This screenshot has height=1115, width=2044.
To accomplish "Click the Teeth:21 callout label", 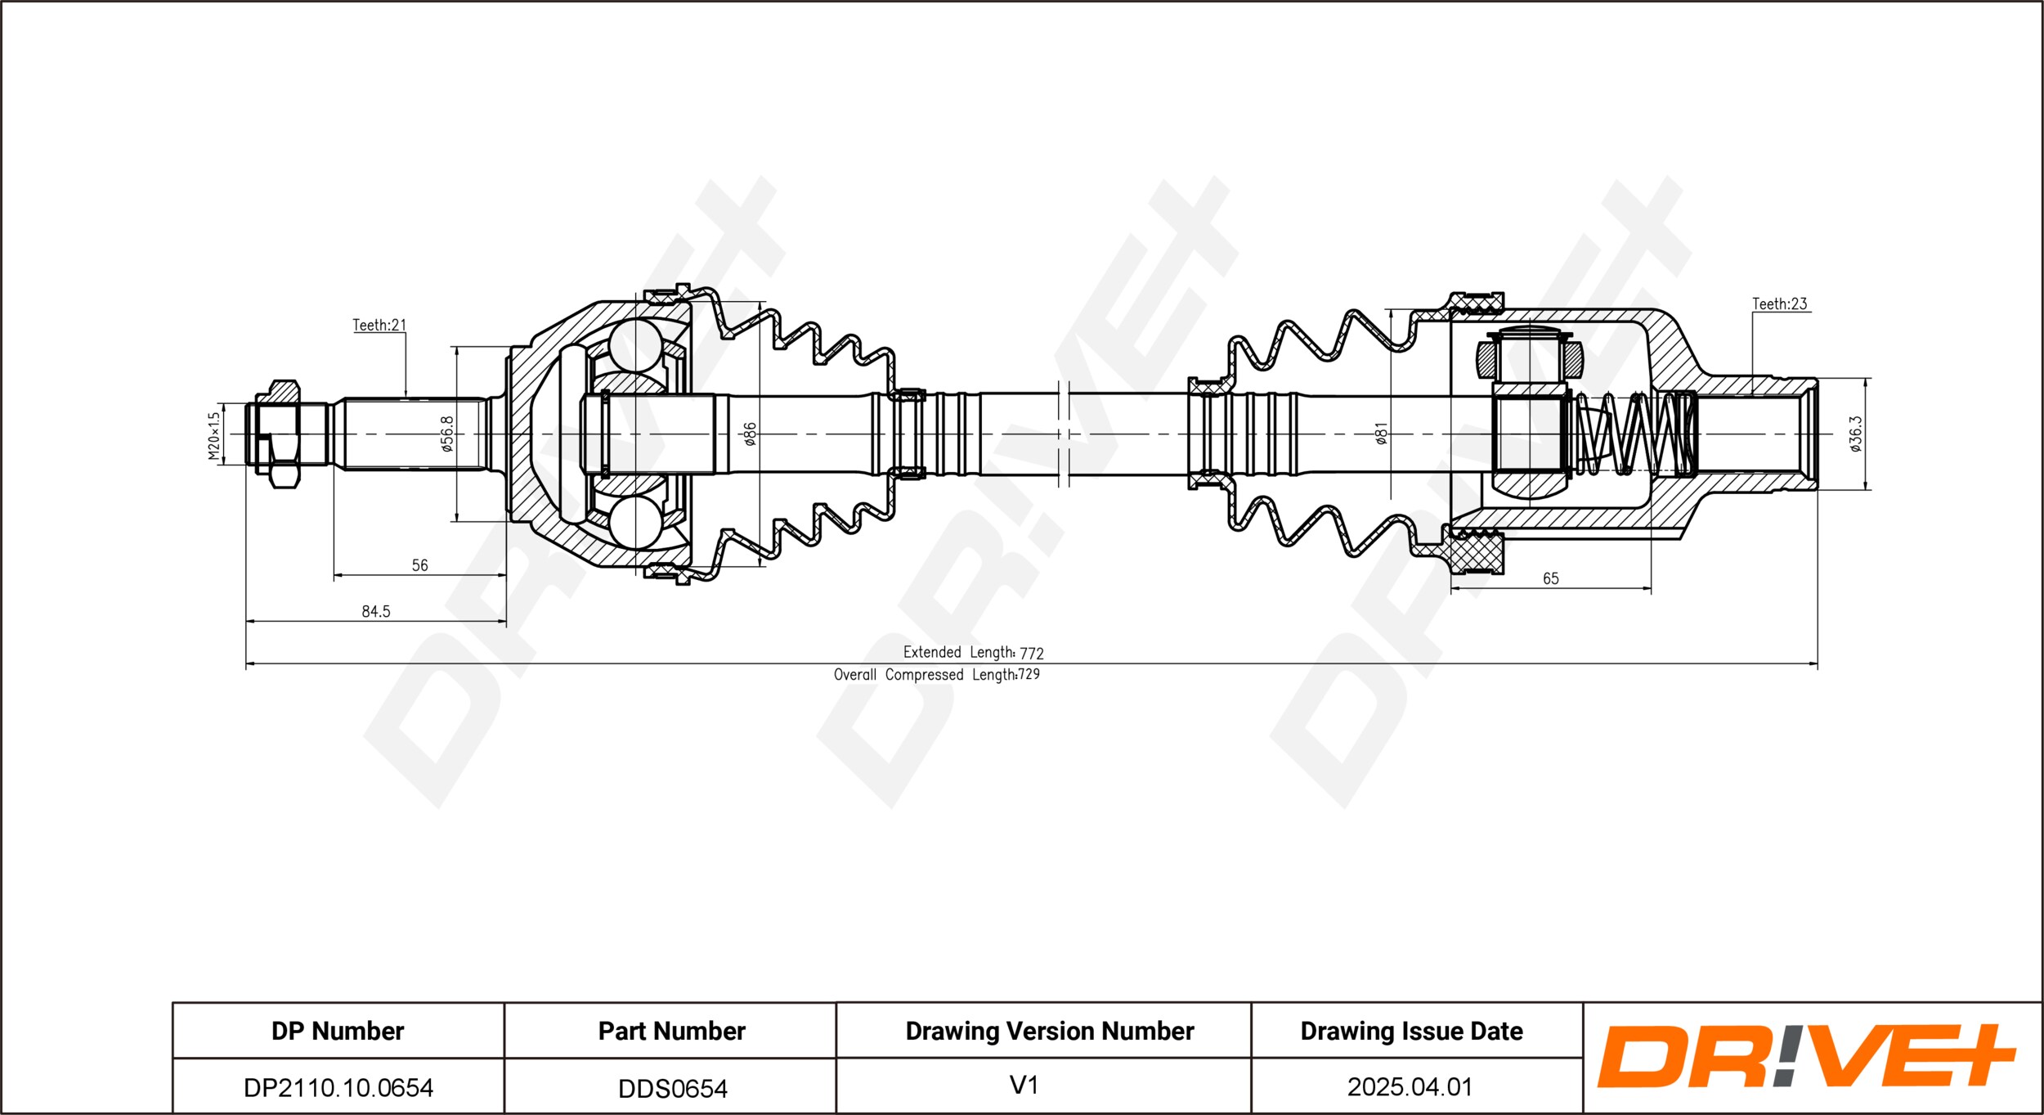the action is click(379, 325).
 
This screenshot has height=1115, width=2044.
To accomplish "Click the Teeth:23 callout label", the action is click(1779, 303).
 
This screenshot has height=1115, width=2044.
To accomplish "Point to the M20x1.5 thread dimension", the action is click(214, 435).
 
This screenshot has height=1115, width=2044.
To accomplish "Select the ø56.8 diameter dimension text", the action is click(446, 434).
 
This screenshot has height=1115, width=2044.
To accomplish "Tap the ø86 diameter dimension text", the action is click(750, 434).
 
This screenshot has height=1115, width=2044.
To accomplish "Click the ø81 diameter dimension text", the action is click(1381, 434).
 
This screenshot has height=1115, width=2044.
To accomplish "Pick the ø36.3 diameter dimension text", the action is click(1855, 434).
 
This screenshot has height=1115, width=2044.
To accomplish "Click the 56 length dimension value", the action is click(419, 565).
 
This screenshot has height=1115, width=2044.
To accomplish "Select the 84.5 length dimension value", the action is click(376, 611).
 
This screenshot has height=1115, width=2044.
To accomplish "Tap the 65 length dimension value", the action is click(1550, 578).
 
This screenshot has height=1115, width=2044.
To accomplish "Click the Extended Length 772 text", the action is click(973, 652).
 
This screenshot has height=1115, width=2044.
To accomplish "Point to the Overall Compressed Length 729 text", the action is click(937, 674).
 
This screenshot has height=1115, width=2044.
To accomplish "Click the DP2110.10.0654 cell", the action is click(338, 1087).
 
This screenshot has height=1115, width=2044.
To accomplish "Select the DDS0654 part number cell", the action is click(672, 1088).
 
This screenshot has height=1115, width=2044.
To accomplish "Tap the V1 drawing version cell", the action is click(1024, 1086).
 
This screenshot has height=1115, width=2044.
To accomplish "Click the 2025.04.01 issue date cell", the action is click(1410, 1086).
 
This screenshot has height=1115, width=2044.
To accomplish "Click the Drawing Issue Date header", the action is click(1411, 1031).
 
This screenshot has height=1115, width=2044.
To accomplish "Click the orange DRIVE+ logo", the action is click(1807, 1056).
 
